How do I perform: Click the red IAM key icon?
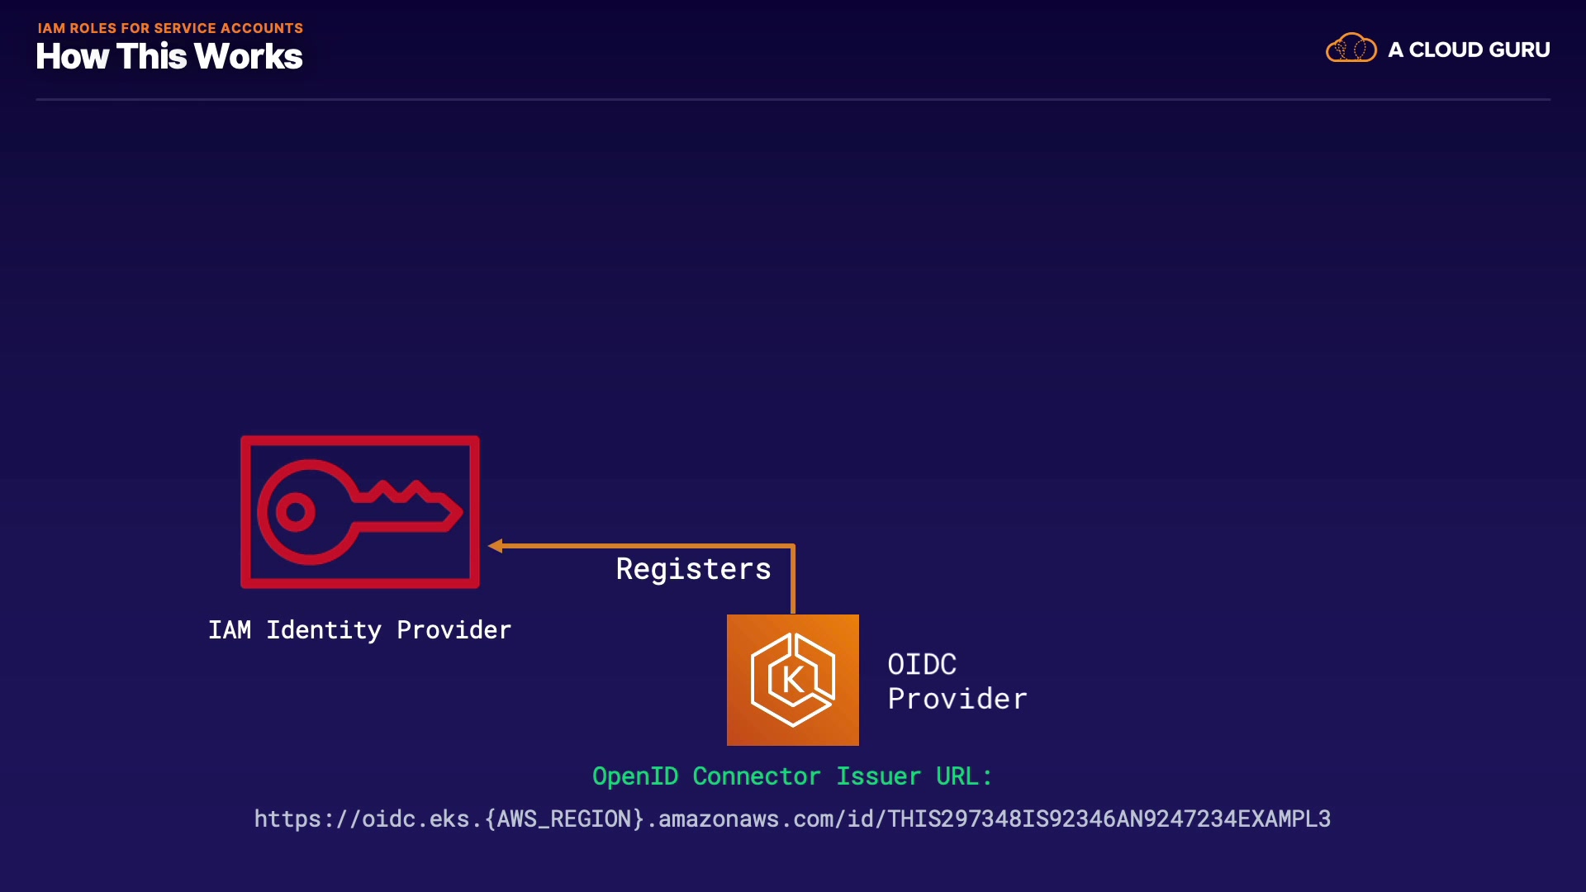pyautogui.click(x=359, y=512)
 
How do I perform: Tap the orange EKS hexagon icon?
pyautogui.click(x=792, y=680)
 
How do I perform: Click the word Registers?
pyautogui.click(x=693, y=569)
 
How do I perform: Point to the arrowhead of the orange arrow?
pyautogui.click(x=496, y=546)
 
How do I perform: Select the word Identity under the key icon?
pyautogui.click(x=323, y=630)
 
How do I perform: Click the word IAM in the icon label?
pyautogui.click(x=230, y=630)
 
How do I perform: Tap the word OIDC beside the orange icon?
pyautogui.click(x=922, y=664)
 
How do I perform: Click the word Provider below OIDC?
pyautogui.click(x=957, y=699)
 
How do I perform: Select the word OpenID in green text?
pyautogui.click(x=635, y=776)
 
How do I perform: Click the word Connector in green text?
pyautogui.click(x=756, y=776)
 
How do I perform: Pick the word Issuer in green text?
pyautogui.click(x=878, y=776)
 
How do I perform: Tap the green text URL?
pyautogui.click(x=963, y=776)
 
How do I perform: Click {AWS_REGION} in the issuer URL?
pyautogui.click(x=565, y=818)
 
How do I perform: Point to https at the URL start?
pyautogui.click(x=287, y=818)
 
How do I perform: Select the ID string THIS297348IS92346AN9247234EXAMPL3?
pyautogui.click(x=1109, y=818)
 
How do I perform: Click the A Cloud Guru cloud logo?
pyautogui.click(x=1351, y=49)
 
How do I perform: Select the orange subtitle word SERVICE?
pyautogui.click(x=185, y=28)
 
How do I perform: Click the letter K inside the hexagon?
pyautogui.click(x=792, y=680)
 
